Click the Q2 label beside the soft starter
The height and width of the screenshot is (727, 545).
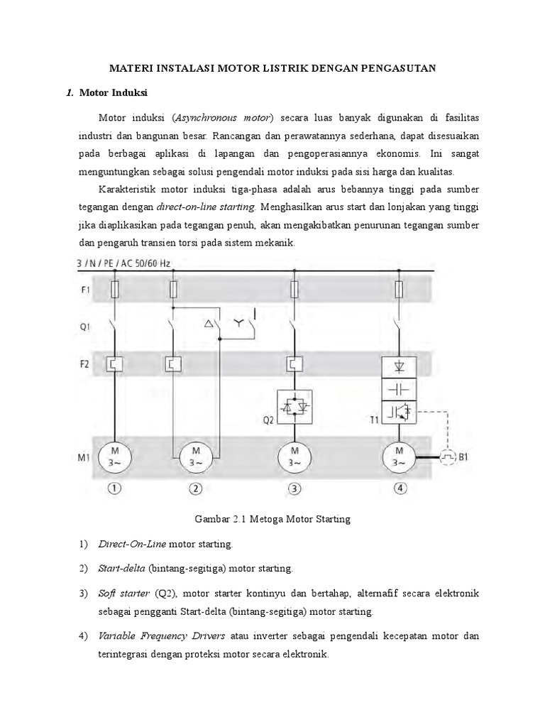coord(268,420)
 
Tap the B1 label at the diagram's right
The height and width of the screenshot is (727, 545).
coord(463,457)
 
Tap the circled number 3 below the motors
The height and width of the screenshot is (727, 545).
coord(294,489)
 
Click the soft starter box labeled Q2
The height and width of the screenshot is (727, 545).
coord(294,407)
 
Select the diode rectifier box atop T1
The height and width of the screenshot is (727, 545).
coord(399,366)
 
